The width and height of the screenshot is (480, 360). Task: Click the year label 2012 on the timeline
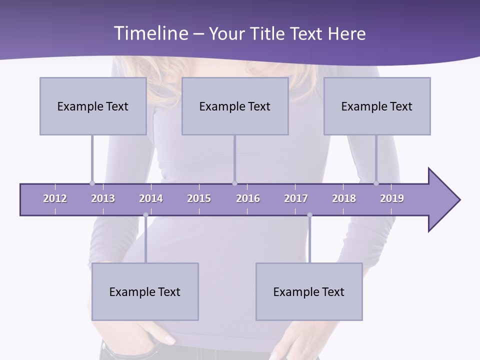tap(55, 198)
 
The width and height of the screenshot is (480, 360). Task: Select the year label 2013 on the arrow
tap(103, 198)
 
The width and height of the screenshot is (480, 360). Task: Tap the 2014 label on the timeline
tap(151, 198)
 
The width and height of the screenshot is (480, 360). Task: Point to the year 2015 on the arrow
tap(199, 198)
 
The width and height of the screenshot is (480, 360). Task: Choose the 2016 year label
tap(248, 198)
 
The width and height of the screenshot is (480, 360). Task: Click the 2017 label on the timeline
tap(296, 198)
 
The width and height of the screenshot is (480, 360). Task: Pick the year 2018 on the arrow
tap(344, 198)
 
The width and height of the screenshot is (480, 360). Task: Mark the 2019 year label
tap(392, 198)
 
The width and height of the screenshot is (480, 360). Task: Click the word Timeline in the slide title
tap(150, 33)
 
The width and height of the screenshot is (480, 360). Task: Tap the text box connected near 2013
tap(93, 106)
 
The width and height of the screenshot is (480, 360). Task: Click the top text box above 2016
tap(235, 106)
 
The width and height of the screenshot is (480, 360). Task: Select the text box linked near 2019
tap(377, 106)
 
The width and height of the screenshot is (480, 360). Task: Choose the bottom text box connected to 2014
tap(145, 291)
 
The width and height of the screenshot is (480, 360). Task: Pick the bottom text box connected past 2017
tap(309, 291)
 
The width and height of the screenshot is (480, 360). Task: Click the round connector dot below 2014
tap(145, 215)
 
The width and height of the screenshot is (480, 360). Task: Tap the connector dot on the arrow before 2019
tap(376, 183)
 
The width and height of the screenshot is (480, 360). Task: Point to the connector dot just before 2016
tap(234, 183)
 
